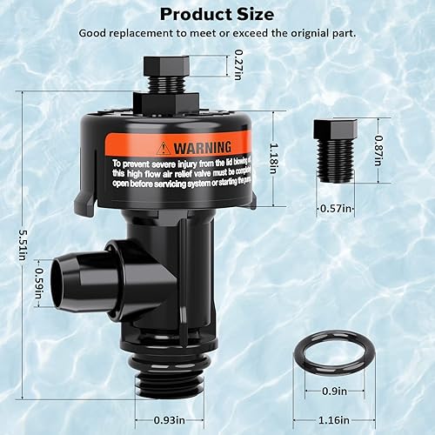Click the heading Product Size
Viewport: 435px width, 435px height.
pos(217,14)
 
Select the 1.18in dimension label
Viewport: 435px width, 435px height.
pos(274,157)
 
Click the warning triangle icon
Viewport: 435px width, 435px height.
pos(164,147)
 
